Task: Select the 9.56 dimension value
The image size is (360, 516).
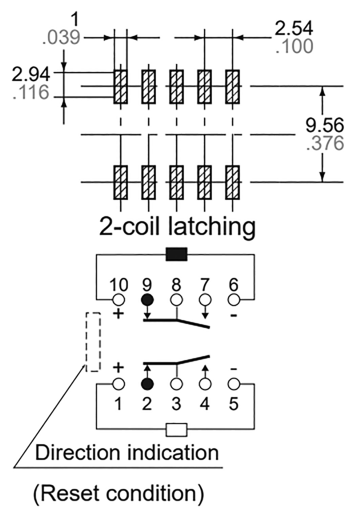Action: pos(324,125)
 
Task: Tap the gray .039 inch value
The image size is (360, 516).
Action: pos(61,38)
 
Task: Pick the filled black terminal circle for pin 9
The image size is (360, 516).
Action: pos(147,300)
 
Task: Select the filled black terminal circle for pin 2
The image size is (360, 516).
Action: pos(147,384)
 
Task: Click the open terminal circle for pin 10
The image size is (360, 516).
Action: pos(119,300)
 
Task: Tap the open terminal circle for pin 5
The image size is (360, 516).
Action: pos(233,384)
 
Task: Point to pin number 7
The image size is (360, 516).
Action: pos(205,285)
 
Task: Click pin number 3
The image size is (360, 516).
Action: pos(176,404)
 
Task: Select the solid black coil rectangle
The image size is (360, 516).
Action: pos(176,254)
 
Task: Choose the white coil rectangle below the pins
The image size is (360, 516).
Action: pos(176,430)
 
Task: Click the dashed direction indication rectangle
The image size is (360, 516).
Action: pos(93,342)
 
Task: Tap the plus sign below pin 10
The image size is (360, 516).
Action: pos(119,314)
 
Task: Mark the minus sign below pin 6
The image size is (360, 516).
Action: pos(233,316)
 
